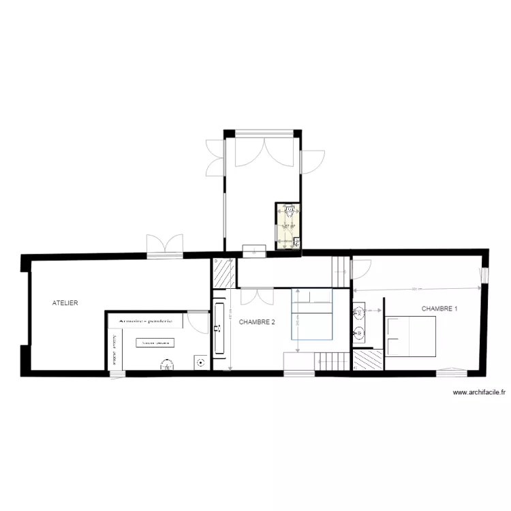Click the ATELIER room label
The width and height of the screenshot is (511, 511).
[66, 302]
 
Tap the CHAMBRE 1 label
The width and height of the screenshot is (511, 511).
[439, 309]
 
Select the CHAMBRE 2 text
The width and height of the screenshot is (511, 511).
[258, 322]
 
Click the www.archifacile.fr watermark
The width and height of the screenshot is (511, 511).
[480, 392]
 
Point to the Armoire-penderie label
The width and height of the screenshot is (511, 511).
[145, 320]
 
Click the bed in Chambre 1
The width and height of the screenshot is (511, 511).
[411, 336]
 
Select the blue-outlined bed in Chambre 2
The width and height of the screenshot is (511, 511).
[312, 314]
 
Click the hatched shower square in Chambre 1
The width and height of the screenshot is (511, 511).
[368, 359]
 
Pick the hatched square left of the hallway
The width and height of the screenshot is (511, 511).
[223, 273]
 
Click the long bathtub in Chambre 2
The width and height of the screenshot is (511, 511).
[219, 330]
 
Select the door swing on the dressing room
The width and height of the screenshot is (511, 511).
[198, 321]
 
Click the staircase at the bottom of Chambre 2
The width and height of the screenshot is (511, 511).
[332, 362]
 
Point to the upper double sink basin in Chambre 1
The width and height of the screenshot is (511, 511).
[359, 313]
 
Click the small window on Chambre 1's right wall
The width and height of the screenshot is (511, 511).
[484, 275]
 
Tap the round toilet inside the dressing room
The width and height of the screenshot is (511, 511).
[166, 366]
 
